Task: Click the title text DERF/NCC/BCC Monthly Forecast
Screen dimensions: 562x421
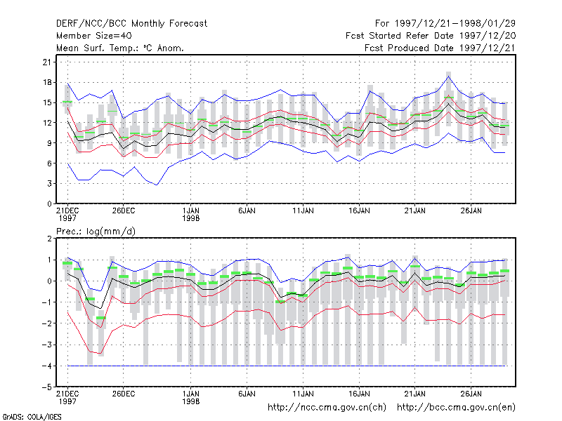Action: (x=131, y=24)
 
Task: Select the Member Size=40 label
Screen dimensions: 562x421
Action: (x=94, y=36)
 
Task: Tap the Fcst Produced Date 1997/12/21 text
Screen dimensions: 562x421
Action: (x=440, y=48)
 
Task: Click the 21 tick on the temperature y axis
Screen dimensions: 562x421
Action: (x=47, y=62)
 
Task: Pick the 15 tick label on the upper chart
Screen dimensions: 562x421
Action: (x=47, y=102)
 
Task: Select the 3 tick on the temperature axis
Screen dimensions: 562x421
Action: (x=49, y=184)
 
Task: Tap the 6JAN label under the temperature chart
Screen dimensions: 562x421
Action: (x=247, y=211)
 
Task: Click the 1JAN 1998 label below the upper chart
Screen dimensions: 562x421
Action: (x=190, y=215)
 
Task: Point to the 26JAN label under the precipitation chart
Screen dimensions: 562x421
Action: (x=471, y=394)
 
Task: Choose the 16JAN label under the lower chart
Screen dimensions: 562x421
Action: (x=359, y=394)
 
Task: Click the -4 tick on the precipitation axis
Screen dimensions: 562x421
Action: (x=47, y=366)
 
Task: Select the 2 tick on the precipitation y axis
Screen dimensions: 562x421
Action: (x=49, y=239)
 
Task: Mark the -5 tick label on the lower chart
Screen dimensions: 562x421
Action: (x=47, y=387)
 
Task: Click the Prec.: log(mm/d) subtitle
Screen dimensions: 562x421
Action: (x=96, y=232)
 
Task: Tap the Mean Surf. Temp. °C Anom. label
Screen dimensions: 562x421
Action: (x=120, y=48)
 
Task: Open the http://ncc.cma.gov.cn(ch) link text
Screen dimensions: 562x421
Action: (x=327, y=408)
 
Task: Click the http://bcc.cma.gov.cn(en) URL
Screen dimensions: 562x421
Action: (x=456, y=408)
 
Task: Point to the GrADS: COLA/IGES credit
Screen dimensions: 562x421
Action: (x=32, y=417)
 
